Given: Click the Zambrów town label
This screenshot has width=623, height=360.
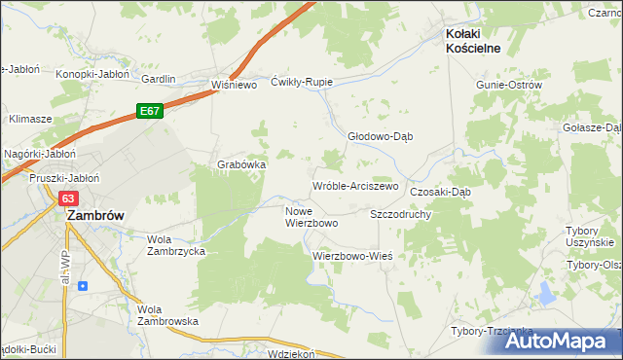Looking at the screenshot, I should pos(92,218).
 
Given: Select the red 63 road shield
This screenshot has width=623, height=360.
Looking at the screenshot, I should pos(68,198).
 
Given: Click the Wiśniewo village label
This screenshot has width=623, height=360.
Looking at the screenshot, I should pos(233,85).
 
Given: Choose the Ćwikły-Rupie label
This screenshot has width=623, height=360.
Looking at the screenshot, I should pos(302,82).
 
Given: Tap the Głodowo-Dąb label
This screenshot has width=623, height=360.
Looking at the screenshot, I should pos(381,137).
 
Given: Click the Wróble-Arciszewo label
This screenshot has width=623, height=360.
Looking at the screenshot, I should pos(355,186).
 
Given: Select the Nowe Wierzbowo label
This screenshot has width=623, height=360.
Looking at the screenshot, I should pos(311,217).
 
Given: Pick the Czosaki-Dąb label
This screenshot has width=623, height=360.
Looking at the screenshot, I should pos(440,192).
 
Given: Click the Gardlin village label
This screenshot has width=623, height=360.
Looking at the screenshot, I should pos(159,79).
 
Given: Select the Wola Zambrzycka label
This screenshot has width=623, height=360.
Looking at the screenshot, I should pos(175,244).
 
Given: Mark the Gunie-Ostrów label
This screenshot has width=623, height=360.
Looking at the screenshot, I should pos(508,85).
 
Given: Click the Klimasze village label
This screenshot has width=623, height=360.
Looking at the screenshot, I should pos(29,118).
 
